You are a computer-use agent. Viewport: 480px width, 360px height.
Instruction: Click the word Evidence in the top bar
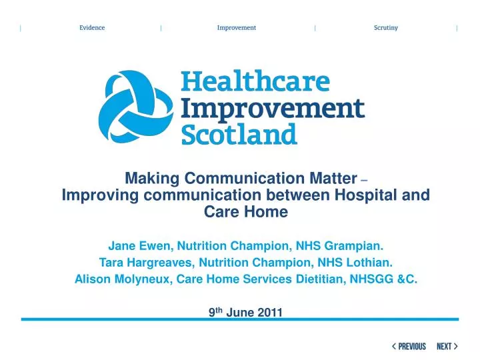click(92, 28)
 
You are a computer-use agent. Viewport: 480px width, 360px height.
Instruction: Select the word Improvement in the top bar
click(236, 28)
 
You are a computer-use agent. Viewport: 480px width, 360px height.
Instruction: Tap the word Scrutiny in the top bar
click(386, 28)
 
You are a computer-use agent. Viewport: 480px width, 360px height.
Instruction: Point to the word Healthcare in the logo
click(256, 83)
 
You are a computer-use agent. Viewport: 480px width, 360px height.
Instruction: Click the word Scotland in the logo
click(239, 135)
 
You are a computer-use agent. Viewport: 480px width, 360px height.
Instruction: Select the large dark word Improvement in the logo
click(273, 109)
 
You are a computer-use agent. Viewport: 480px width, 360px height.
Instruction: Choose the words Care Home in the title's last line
click(245, 212)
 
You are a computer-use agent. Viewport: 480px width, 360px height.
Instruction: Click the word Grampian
click(359, 245)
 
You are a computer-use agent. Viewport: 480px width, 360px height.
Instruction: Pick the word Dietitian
click(321, 279)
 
